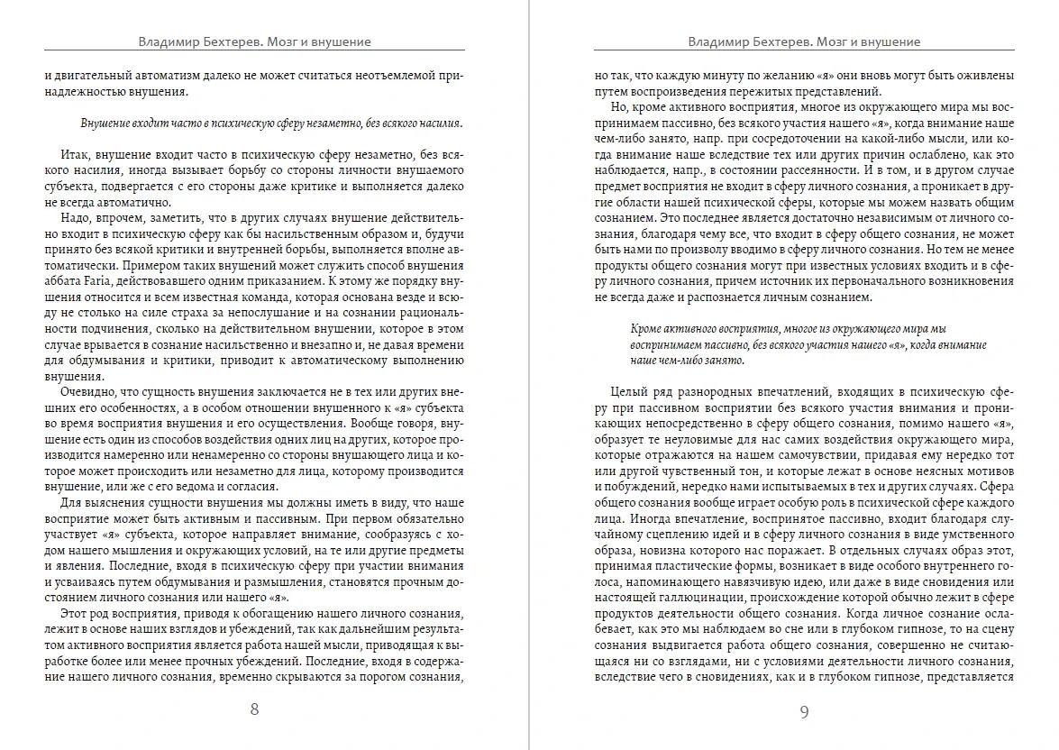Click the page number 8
click(254, 709)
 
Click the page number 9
click(804, 712)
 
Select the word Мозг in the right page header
click(830, 41)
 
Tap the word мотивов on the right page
click(990, 471)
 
